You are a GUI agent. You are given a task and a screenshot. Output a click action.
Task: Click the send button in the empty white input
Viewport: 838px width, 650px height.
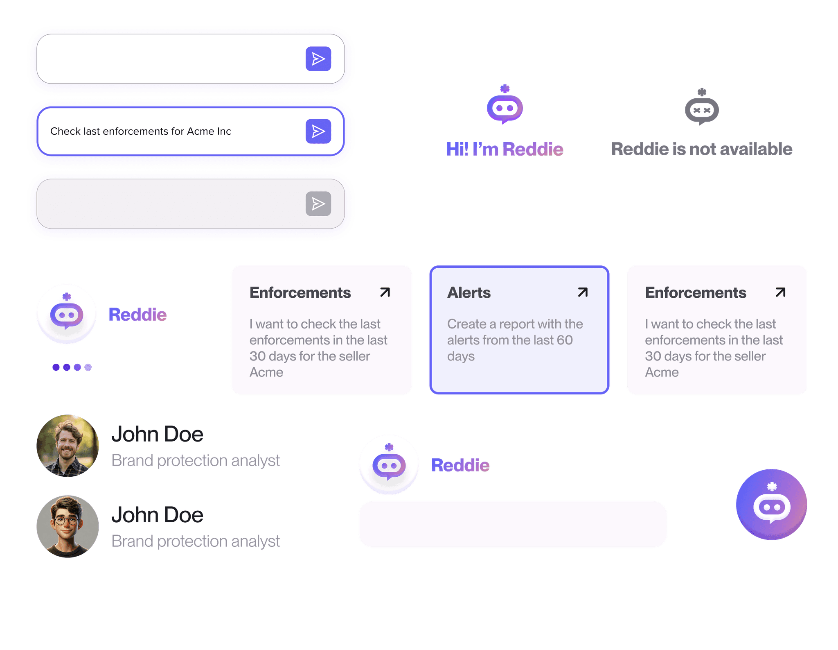[318, 59]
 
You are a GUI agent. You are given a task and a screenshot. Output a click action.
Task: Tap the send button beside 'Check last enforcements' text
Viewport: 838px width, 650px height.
[318, 131]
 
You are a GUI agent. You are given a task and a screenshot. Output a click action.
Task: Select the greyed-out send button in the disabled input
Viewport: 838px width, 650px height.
[318, 204]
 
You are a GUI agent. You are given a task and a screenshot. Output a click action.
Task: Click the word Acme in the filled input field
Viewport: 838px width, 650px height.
[200, 131]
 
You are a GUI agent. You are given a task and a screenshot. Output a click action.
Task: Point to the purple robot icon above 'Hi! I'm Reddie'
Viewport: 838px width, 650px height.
[505, 105]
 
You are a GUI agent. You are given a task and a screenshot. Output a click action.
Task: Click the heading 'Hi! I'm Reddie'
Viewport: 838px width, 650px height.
[505, 149]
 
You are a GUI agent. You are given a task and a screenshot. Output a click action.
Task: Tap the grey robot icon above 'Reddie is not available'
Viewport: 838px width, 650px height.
[702, 107]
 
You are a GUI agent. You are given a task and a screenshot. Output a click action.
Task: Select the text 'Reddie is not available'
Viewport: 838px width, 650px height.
[702, 149]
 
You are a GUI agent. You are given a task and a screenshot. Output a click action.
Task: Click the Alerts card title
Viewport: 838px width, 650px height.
[469, 293]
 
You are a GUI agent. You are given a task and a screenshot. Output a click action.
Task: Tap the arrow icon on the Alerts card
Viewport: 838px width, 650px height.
[583, 292]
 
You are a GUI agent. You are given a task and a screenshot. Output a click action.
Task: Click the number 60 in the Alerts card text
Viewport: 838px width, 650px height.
[565, 340]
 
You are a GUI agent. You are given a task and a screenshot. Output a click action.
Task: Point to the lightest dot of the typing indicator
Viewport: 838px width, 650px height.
[88, 367]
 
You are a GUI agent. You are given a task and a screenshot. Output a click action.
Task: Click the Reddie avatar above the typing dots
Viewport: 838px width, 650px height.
[67, 315]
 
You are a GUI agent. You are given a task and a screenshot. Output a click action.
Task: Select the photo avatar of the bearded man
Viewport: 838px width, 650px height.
[68, 446]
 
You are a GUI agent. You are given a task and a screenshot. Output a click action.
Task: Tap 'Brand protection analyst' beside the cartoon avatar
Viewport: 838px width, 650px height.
[196, 541]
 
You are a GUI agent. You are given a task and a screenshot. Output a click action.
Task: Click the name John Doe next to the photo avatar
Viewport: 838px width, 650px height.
[157, 435]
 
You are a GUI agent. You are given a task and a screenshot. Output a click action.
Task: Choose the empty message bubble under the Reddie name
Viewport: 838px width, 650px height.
[513, 524]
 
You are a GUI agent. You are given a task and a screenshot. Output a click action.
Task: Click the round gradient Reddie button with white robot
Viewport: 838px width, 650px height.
[771, 505]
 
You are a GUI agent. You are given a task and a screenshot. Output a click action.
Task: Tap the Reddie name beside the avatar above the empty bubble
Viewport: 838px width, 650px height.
[460, 465]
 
